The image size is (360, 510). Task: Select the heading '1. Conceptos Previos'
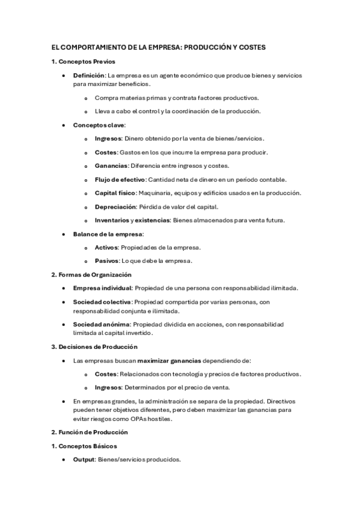83,61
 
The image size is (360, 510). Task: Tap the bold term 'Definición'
89,76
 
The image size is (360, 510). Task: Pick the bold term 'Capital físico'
115,193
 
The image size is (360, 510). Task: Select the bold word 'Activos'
106,247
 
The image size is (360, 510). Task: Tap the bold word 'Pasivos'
107,260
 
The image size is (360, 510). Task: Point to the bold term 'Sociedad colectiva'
102,302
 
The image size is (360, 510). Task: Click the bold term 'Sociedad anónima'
101,324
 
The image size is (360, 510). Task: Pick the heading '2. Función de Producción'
89,432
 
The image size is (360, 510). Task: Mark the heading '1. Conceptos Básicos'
84,446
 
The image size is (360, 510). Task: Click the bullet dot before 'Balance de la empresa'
64,234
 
